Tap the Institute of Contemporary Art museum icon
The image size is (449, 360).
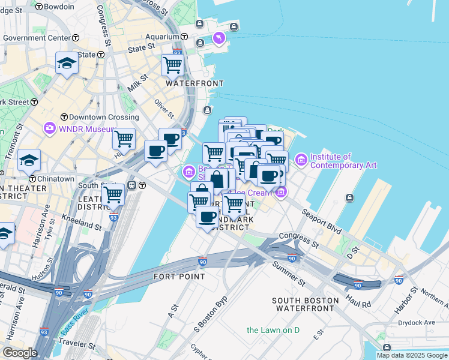pos(301,160)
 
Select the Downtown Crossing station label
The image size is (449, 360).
pos(99,116)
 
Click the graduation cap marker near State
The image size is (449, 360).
pos(66,63)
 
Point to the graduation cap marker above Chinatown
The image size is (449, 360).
pos(29,160)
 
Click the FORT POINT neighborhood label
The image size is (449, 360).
pos(179,277)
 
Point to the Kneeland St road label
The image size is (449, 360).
pos(82,224)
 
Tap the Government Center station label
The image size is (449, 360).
pos(37,38)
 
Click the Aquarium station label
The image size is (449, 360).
pos(162,37)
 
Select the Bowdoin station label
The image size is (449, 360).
pos(59,7)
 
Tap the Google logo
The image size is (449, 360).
pos(20,353)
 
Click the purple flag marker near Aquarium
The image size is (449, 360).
pos(218,39)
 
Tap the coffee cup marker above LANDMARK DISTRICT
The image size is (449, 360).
pos(208,217)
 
